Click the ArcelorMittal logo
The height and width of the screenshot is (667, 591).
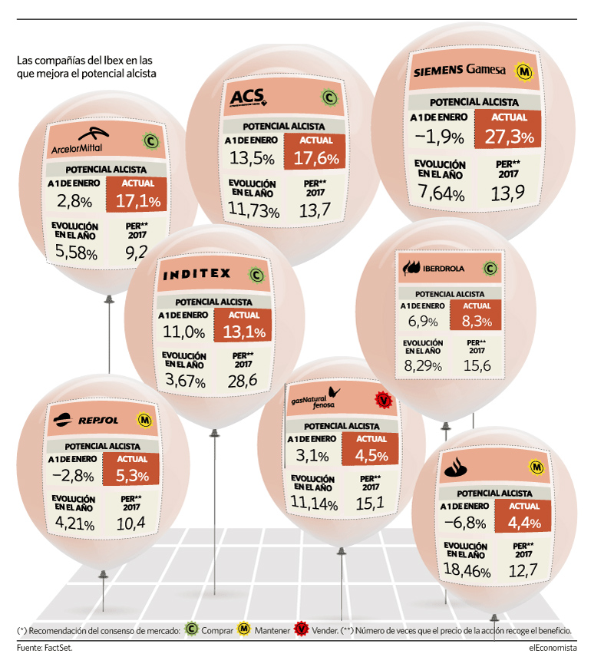(80, 140)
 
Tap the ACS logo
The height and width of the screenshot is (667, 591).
(248, 97)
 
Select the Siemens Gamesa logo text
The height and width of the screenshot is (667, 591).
(460, 70)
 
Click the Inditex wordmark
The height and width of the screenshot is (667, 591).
(196, 274)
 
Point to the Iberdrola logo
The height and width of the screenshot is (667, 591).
(434, 268)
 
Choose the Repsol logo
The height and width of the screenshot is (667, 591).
(86, 420)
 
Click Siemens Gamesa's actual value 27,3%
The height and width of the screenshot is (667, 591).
(510, 137)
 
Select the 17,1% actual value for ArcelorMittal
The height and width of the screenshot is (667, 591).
(138, 201)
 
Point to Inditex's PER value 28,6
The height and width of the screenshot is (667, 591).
(242, 381)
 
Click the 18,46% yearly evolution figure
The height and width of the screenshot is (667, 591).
(467, 570)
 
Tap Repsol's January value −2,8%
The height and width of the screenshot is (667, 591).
(73, 476)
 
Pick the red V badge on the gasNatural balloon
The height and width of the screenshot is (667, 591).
(384, 401)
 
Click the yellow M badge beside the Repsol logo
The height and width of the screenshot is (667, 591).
(144, 421)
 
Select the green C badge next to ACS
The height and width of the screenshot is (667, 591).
(329, 97)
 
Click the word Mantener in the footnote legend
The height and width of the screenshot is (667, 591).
(272, 630)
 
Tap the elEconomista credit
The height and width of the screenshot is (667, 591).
(553, 648)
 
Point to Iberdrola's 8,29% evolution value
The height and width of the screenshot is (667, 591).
(423, 366)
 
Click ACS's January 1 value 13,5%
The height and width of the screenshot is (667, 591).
(252, 159)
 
